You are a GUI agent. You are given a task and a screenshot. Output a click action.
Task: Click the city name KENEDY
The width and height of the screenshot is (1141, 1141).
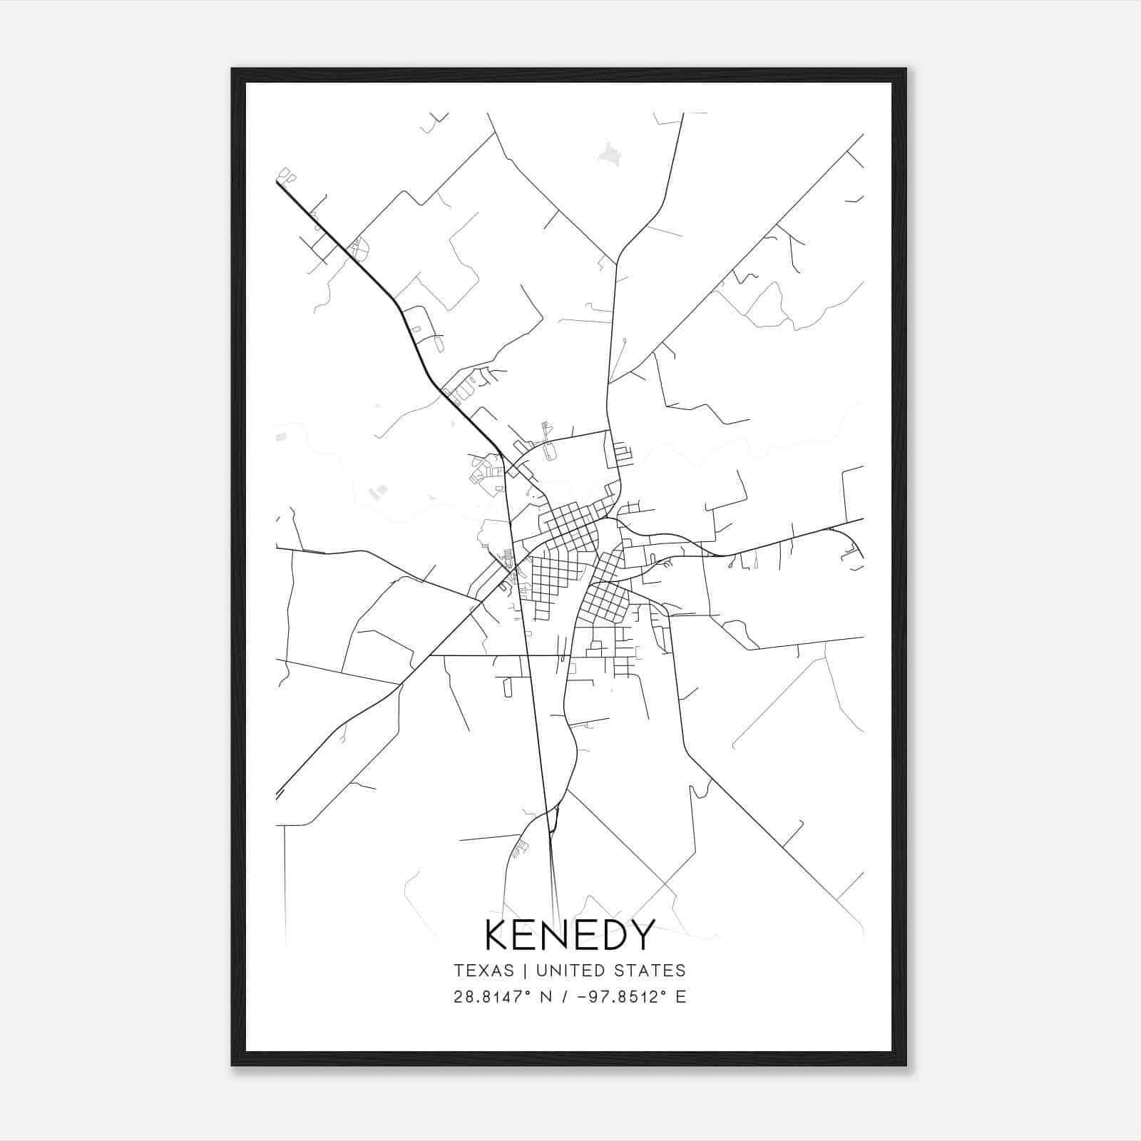tap(570, 936)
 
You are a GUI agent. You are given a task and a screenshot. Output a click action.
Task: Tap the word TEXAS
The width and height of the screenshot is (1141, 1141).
tap(483, 971)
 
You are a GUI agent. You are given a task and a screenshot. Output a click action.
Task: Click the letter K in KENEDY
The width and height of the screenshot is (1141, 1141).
tap(498, 936)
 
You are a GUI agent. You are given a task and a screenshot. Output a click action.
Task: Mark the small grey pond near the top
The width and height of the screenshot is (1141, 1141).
tap(608, 154)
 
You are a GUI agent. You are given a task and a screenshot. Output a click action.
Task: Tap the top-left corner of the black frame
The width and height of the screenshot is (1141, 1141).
tap(232, 70)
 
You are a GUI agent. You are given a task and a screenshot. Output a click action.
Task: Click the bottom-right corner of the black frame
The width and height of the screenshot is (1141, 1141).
tap(905, 1065)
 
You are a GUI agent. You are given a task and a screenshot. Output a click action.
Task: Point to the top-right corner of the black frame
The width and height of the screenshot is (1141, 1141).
tap(905, 70)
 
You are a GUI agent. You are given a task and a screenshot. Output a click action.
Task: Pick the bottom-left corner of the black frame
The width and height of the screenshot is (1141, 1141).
tap(232, 1065)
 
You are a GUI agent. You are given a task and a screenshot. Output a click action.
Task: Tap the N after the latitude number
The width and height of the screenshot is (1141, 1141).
tap(547, 997)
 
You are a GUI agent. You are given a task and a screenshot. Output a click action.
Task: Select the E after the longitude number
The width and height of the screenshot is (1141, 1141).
tap(681, 997)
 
